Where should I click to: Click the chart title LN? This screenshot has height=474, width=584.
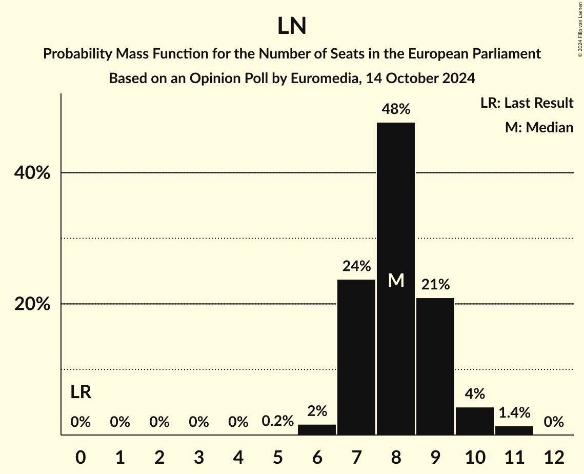tap(292, 26)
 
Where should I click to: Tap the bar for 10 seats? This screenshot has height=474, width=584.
tap(475, 421)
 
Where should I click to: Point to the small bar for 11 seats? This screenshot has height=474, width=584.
tap(514, 430)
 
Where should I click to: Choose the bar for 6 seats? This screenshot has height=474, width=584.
tap(317, 430)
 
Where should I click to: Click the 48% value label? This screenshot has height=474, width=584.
tap(396, 109)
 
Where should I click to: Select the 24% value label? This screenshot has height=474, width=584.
tap(356, 266)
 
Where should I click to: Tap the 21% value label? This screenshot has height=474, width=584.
tap(435, 285)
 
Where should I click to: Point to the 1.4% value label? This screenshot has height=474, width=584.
tap(514, 412)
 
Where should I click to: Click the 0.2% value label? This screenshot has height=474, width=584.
tap(277, 422)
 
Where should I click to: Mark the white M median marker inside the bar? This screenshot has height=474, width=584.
tap(396, 280)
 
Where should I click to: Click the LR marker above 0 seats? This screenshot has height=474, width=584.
tap(80, 392)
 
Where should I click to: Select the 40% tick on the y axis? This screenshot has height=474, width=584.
tap(32, 173)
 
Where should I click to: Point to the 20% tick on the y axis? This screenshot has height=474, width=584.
tap(32, 304)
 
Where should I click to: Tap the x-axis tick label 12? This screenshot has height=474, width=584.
tap(554, 457)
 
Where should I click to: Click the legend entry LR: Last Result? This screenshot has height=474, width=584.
tap(527, 103)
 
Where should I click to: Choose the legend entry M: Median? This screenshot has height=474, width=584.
tap(539, 127)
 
